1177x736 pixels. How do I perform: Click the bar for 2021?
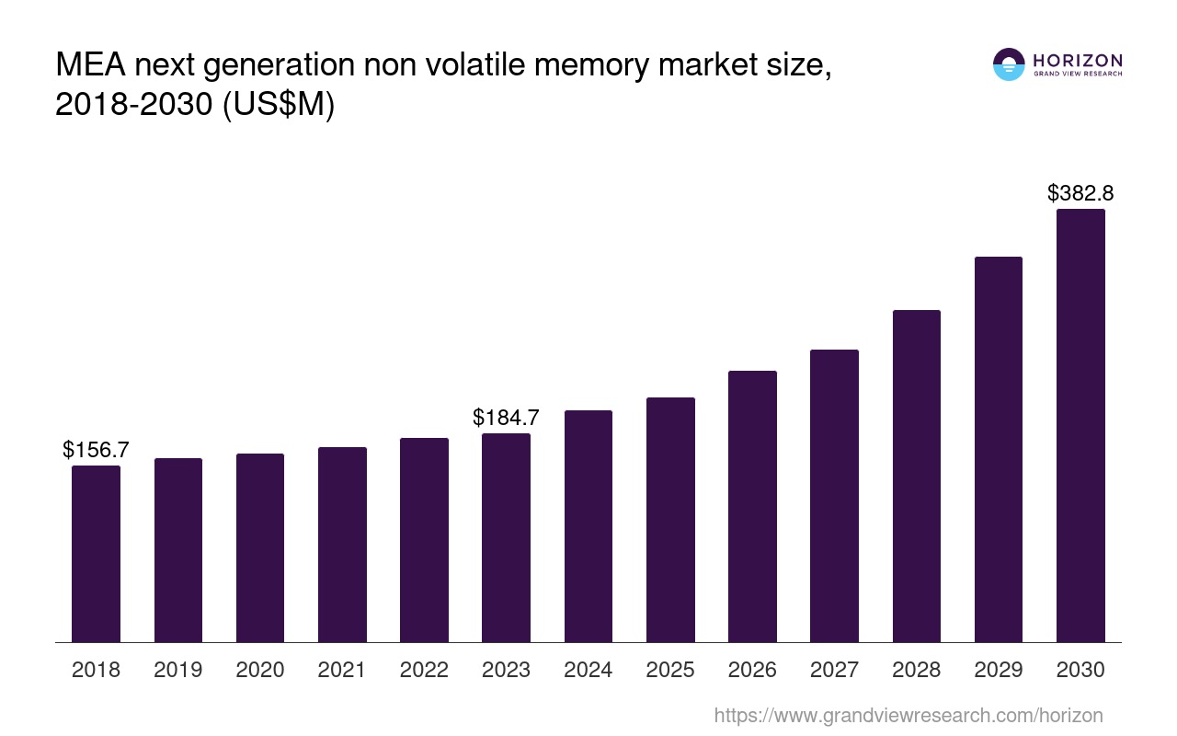[x=342, y=545]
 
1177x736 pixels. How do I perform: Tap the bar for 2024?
[x=588, y=526]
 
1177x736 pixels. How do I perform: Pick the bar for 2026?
[x=752, y=506]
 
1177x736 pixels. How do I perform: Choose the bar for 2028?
[x=917, y=476]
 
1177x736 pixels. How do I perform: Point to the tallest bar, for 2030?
[x=1080, y=425]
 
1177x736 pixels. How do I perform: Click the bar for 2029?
[x=999, y=449]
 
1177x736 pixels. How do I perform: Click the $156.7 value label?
[x=96, y=450]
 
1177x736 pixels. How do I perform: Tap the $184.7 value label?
[x=506, y=418]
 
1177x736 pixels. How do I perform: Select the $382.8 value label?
[x=1080, y=193]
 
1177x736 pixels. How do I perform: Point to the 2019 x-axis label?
[x=178, y=670]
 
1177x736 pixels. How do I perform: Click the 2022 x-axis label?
[x=424, y=670]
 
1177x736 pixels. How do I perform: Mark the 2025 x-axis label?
[x=670, y=670]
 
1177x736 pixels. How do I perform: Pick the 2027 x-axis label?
[x=834, y=670]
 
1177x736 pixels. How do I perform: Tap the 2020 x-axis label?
[x=260, y=670]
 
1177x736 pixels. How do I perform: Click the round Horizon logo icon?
[x=1009, y=64]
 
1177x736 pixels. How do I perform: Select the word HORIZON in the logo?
[x=1078, y=61]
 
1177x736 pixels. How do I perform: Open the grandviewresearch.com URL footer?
[x=908, y=715]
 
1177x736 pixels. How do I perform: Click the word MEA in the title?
[x=90, y=66]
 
